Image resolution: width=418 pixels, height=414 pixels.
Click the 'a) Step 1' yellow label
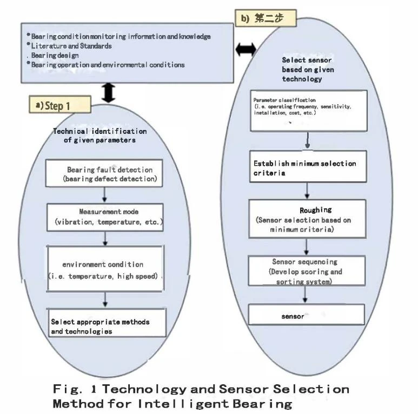60,104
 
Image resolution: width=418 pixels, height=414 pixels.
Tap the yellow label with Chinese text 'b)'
266,18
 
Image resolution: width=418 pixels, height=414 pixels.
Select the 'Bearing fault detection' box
104,173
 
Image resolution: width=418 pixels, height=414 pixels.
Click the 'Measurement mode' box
105,218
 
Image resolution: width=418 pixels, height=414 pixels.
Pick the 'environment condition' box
105,268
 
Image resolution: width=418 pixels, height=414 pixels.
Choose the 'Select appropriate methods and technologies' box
107,323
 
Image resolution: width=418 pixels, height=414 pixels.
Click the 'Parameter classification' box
309,111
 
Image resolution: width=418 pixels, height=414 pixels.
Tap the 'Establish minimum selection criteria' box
308,167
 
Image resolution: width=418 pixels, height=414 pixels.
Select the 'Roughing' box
307,219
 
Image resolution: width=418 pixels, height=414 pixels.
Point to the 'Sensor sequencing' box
307,270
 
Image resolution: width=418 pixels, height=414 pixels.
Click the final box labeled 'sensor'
306,315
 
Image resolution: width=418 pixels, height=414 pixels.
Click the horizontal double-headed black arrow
246,50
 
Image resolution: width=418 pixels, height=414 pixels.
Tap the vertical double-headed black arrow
109,93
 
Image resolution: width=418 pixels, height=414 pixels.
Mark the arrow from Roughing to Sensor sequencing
306,247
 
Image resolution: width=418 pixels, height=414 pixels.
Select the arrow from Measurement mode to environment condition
105,239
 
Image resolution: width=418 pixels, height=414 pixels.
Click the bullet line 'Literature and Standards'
69,46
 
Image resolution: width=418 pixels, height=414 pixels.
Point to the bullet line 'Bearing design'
53,56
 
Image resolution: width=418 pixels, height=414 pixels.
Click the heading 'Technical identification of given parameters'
99,135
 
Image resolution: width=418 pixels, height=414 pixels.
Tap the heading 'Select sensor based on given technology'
308,70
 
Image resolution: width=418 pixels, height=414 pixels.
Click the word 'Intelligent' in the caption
183,404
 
